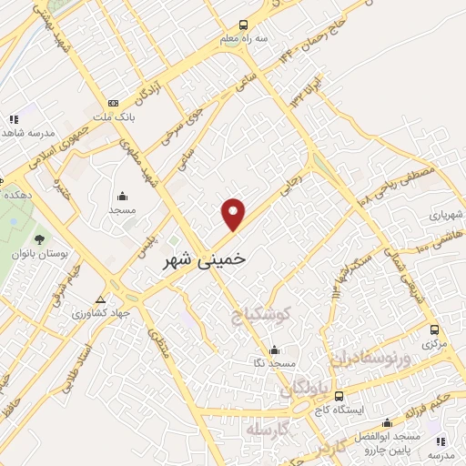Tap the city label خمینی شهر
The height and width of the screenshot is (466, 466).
pos(203,259)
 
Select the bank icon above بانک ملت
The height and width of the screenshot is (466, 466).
pos(113,104)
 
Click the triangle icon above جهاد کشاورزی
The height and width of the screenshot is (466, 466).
pos(100,299)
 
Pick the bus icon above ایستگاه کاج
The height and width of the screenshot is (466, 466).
pos(339,397)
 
